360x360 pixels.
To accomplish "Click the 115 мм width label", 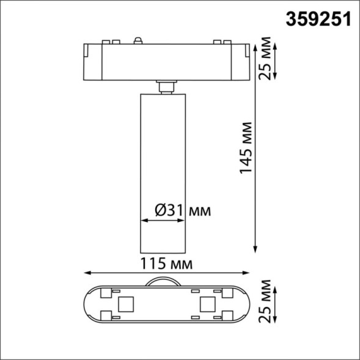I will (166, 264).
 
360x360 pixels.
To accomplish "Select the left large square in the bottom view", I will (127, 304).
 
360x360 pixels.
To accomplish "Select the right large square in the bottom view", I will (205, 304).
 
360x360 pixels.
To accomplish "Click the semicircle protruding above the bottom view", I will (164, 281).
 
